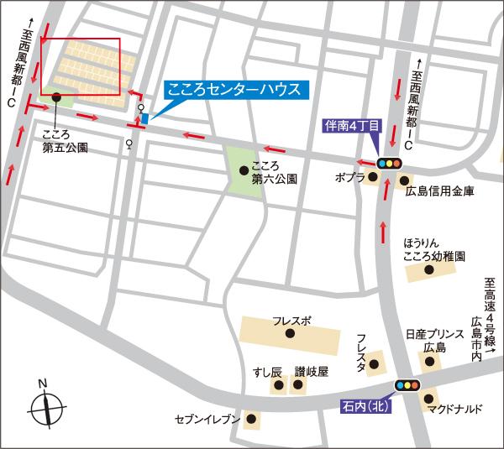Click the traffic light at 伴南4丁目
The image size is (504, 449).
coord(388,164)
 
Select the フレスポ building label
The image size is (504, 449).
coord(291,321)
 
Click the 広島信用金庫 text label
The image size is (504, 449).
coord(439,191)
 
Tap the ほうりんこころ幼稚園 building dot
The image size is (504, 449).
coord(429,270)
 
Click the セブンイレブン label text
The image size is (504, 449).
coord(207,418)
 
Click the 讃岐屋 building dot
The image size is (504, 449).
coord(297,386)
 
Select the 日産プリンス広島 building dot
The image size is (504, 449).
coord(430,363)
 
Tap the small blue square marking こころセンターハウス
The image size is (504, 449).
coord(144,119)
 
